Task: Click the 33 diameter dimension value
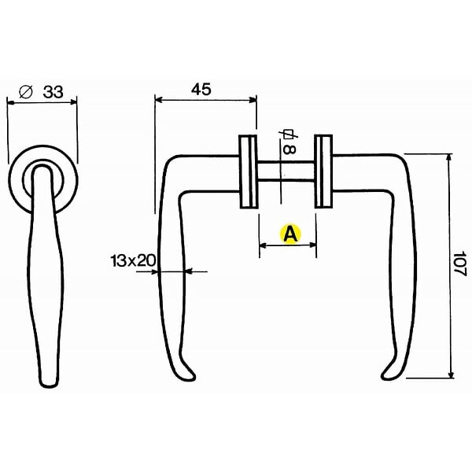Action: [53, 92]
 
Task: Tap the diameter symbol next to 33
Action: [26, 91]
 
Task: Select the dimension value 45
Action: [201, 90]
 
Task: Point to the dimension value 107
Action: [459, 264]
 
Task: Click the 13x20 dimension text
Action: [133, 260]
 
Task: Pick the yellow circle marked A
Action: [290, 234]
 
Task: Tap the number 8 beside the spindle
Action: [289, 149]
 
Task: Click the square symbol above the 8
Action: [289, 135]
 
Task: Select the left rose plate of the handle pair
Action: [249, 171]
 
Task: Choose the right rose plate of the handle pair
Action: [323, 171]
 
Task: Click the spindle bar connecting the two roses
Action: [286, 171]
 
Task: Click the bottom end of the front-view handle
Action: [49, 384]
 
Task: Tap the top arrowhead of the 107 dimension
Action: [449, 157]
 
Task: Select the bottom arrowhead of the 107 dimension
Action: [451, 374]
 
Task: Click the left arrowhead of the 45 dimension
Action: [158, 100]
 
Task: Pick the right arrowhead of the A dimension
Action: [312, 245]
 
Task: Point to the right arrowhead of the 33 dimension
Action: [73, 102]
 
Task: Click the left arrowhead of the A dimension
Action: [263, 246]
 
